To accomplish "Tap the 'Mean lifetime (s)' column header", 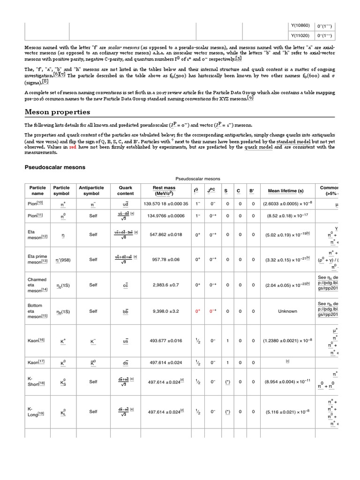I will [x=285, y=191].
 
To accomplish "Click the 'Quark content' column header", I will [x=126, y=191].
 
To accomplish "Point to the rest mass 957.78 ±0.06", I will [x=164, y=259].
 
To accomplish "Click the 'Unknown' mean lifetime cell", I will [x=287, y=311].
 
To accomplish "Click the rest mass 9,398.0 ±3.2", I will [x=164, y=311].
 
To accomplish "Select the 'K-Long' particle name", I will [x=36, y=412].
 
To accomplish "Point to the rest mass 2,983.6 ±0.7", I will [x=164, y=285].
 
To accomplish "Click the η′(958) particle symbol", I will [x=62, y=259].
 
